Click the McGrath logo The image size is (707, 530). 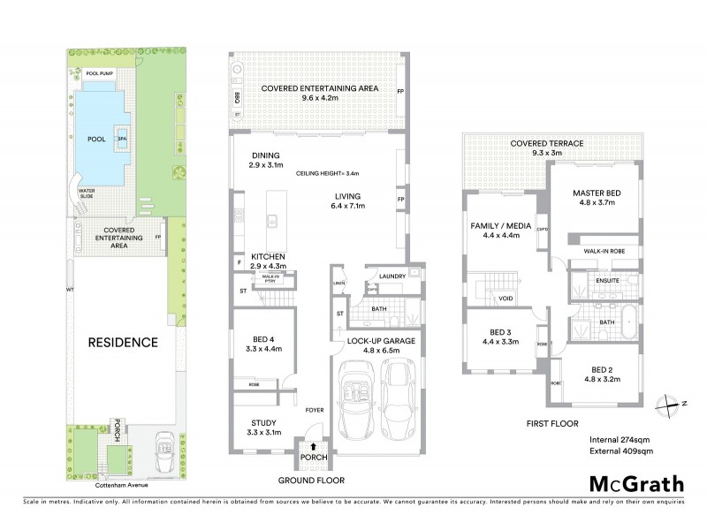click(x=636, y=483)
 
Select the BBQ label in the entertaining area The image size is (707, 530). click(x=237, y=95)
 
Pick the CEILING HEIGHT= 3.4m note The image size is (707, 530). click(x=328, y=173)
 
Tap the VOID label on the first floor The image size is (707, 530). click(x=506, y=299)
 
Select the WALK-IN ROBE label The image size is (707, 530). click(x=605, y=251)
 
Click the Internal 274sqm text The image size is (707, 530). click(x=620, y=439)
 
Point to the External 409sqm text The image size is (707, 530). click(x=620, y=451)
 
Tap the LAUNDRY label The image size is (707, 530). click(x=392, y=276)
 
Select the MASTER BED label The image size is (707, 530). click(x=597, y=193)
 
